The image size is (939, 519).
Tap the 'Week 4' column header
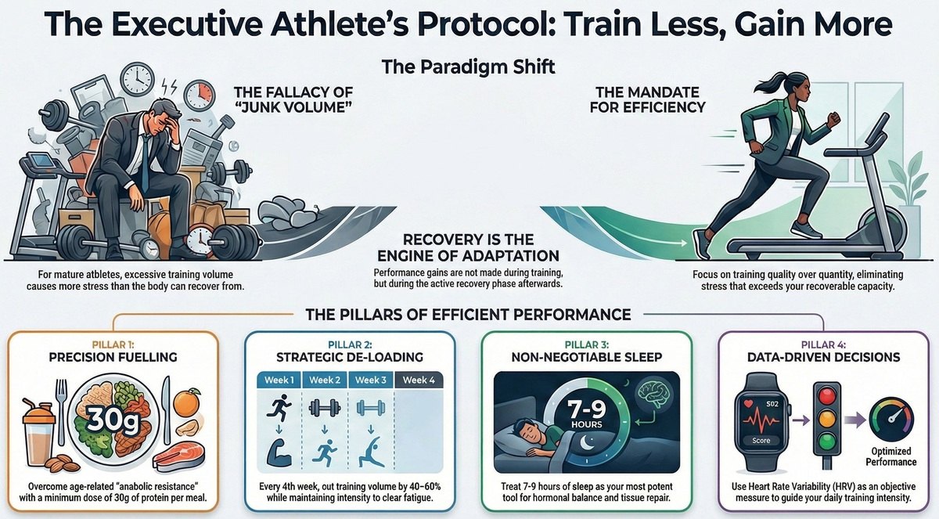[420, 380]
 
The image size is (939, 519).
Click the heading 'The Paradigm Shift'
[468, 66]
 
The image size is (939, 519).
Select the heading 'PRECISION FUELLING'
[112, 358]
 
